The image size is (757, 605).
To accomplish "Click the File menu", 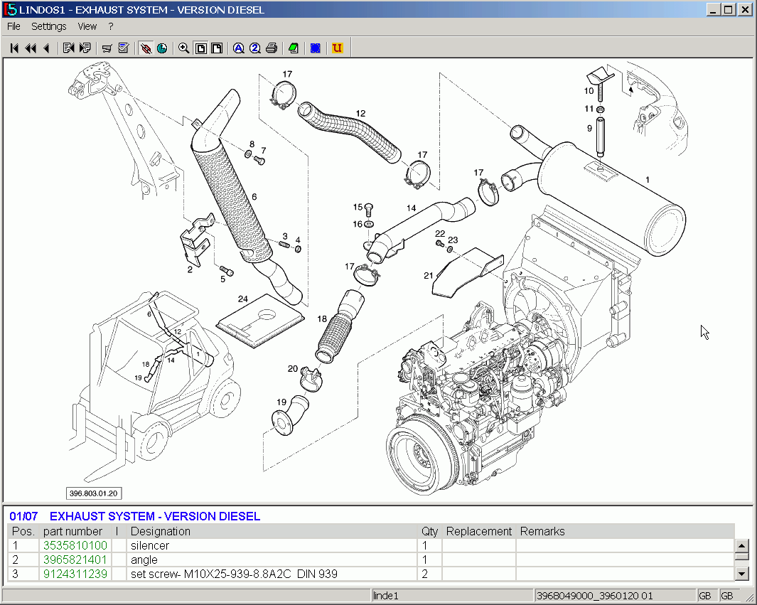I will tap(14, 26).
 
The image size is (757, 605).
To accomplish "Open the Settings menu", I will tap(49, 26).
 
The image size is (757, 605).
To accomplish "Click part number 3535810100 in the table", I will tap(75, 545).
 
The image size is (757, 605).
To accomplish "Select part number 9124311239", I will tap(75, 574).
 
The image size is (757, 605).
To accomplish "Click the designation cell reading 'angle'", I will tap(144, 560).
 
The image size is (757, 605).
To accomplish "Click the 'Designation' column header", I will tap(161, 531).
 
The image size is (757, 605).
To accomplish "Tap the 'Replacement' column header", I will tap(478, 531).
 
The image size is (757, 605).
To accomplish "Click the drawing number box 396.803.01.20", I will tap(94, 493).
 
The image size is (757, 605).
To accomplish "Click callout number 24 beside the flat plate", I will tap(243, 299).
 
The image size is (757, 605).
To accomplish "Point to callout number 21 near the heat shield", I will tap(429, 275).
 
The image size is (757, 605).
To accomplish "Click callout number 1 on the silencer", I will tap(647, 180).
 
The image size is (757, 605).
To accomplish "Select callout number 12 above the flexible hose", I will tap(360, 114).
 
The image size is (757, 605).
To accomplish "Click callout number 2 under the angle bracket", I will tap(190, 269).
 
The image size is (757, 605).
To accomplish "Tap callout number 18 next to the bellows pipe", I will tap(322, 319).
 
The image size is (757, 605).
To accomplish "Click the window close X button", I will tap(744, 9).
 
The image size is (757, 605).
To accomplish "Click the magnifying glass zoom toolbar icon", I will tap(183, 48).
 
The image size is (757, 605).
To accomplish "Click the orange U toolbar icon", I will tap(337, 48).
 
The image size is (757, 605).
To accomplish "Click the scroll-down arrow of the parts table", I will tap(741, 574).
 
